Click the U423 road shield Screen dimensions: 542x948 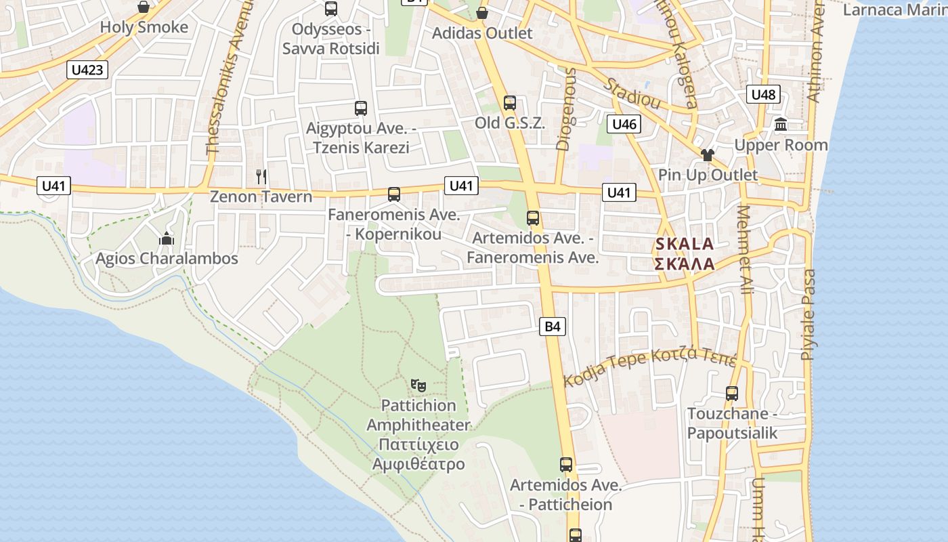click(x=88, y=69)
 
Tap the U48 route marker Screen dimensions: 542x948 click(x=763, y=94)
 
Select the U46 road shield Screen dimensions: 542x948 click(x=624, y=124)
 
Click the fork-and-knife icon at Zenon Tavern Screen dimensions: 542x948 click(x=261, y=177)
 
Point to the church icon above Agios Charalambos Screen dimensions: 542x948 click(x=167, y=238)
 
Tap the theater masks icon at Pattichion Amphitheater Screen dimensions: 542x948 click(x=418, y=385)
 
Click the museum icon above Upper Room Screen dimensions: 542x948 click(x=781, y=125)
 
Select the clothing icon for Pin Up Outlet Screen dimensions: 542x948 click(x=708, y=155)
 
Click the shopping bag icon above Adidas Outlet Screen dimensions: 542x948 click(x=481, y=13)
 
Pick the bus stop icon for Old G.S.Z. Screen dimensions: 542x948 click(x=510, y=103)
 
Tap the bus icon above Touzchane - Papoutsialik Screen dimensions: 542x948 click(x=732, y=394)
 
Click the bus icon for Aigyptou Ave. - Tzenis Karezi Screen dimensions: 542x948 click(x=361, y=108)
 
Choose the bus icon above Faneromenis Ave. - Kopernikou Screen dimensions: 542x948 click(x=394, y=194)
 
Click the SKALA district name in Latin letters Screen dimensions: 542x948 click(x=684, y=244)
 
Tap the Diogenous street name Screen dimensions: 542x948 click(x=565, y=109)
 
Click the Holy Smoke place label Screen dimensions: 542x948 click(x=144, y=27)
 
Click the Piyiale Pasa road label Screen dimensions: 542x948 click(x=808, y=315)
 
